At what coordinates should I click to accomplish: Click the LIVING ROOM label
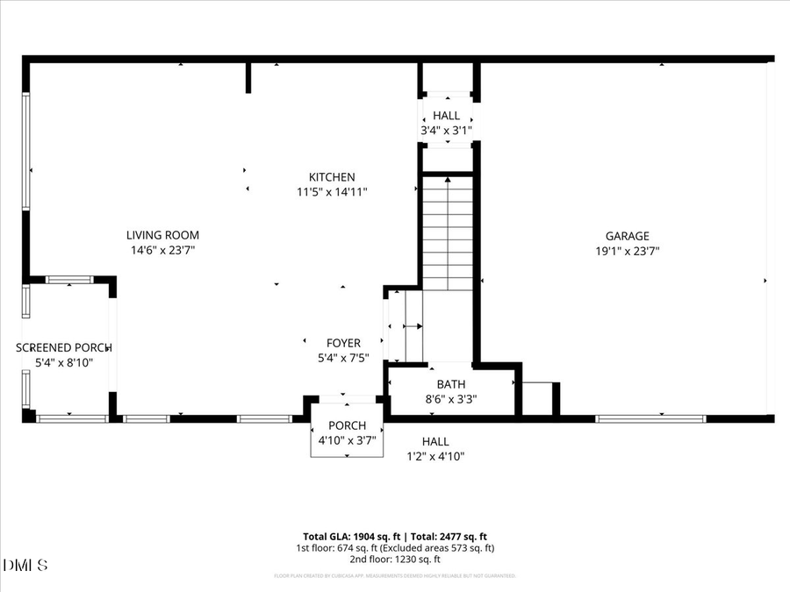[x=162, y=235]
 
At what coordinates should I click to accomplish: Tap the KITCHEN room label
[x=331, y=177]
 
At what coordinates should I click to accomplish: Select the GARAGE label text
[x=627, y=236]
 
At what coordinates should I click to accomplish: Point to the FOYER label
[x=343, y=343]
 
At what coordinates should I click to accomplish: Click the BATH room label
[x=451, y=384]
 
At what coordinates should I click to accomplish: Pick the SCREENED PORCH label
[x=64, y=347]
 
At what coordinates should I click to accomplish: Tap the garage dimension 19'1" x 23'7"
[x=627, y=251]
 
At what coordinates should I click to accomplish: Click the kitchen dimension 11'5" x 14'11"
[x=331, y=192]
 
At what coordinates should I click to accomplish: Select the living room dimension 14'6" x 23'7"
[x=162, y=250]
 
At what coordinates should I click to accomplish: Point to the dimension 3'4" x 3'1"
[x=446, y=131]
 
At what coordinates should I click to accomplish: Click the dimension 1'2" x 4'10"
[x=434, y=456]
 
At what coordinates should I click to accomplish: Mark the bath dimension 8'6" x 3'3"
[x=451, y=399]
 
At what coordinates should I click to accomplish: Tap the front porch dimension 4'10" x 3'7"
[x=346, y=441]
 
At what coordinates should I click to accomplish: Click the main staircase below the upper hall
[x=449, y=232]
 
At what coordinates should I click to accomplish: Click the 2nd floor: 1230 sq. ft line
[x=394, y=560]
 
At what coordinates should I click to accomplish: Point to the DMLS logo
[x=25, y=564]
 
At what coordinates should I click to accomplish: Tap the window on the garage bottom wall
[x=650, y=419]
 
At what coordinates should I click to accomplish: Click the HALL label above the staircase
[x=446, y=116]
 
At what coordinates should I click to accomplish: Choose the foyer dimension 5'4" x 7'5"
[x=343, y=358]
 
